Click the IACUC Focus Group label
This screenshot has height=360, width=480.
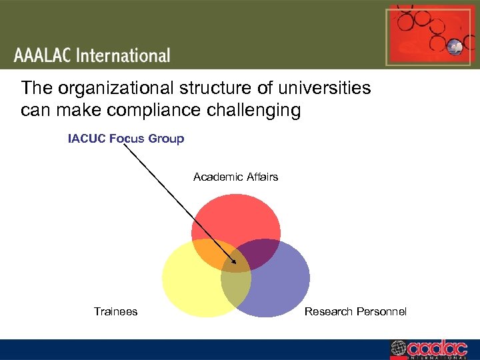[x=126, y=139]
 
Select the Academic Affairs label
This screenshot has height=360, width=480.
[x=235, y=177]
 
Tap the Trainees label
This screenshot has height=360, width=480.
[x=115, y=311]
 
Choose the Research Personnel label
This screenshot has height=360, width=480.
[x=355, y=311]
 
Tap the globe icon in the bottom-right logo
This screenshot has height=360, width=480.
[x=398, y=348]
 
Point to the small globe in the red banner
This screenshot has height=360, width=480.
[x=455, y=47]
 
